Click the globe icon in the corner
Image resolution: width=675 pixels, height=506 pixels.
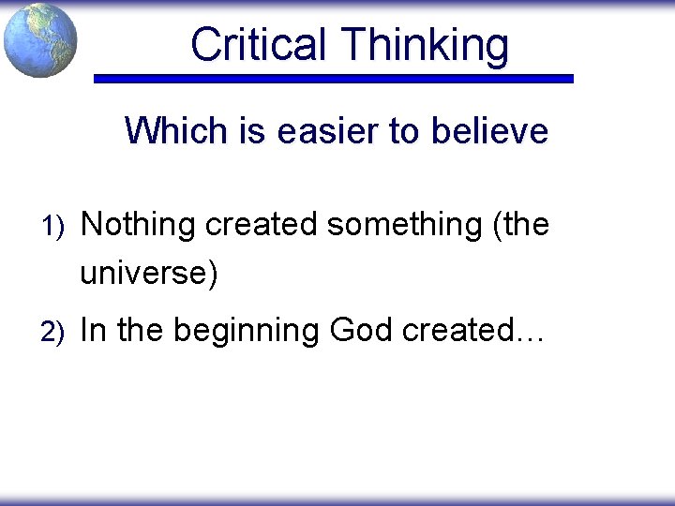[39, 39]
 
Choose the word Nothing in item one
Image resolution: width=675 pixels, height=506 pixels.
[139, 225]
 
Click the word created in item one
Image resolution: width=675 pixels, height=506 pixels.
[262, 225]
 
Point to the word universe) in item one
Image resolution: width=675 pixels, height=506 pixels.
[149, 274]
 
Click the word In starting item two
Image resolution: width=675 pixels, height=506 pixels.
[93, 331]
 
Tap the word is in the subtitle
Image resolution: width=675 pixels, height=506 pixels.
[253, 130]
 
